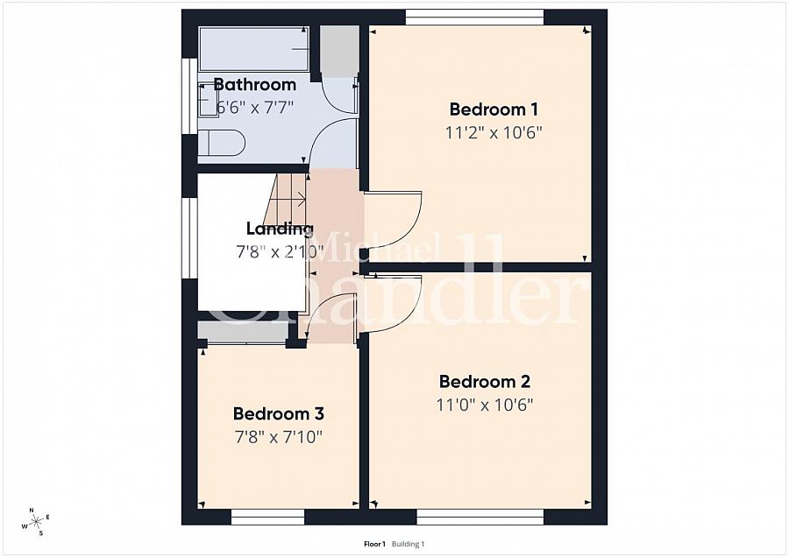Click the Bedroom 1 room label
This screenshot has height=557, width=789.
tap(494, 109)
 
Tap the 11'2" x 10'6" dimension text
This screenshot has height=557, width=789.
tap(494, 133)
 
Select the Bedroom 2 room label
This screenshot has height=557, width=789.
tap(485, 382)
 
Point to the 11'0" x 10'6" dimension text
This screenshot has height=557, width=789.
tap(485, 405)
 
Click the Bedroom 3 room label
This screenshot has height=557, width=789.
tap(272, 413)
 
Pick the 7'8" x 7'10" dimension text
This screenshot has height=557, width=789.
tap(278, 436)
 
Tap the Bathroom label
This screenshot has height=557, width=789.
tap(255, 85)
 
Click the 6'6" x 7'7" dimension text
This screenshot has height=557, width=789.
tap(255, 107)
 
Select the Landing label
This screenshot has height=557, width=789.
tap(280, 229)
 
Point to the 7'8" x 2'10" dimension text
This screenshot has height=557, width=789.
tap(280, 251)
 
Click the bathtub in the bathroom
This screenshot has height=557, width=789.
tap(253, 49)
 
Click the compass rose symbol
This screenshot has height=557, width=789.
tap(37, 522)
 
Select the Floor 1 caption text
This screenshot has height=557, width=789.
tap(374, 544)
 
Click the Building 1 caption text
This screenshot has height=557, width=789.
tap(409, 544)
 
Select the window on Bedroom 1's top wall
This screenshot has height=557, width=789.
tap(474, 17)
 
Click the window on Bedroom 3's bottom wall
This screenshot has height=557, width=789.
tap(267, 517)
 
